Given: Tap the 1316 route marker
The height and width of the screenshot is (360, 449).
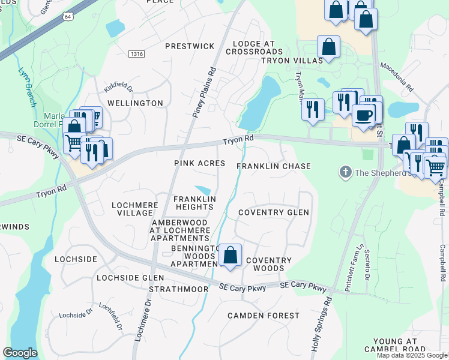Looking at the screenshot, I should coord(136,55).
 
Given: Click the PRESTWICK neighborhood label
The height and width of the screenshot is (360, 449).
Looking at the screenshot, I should coord(190,46).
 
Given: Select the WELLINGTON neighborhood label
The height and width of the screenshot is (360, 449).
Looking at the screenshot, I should coord(135,103).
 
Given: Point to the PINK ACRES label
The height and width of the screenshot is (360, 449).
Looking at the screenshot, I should coord(199,163).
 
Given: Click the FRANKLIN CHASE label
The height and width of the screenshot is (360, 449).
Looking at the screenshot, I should coord(273,166).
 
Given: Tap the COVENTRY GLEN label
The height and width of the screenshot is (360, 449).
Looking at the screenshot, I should coord(273,212).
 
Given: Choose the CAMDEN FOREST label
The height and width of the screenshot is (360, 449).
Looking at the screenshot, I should coord(264,316).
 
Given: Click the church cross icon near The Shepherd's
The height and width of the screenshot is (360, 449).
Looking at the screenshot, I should coord(345,173).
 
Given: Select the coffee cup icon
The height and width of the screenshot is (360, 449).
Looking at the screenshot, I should coord(364,114).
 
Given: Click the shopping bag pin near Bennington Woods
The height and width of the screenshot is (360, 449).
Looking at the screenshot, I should coord(230,256).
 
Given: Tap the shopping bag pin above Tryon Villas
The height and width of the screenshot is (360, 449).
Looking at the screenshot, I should coord(328,47).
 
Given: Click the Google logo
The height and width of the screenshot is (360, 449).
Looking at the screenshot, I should coord(20,353).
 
